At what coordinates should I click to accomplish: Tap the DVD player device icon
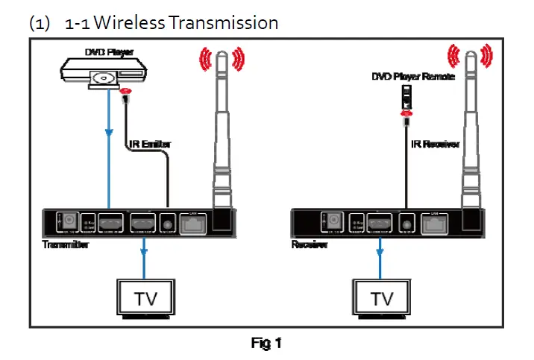(x=104, y=73)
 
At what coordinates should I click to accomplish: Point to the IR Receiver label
(x=435, y=144)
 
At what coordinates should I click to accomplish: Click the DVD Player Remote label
(x=412, y=76)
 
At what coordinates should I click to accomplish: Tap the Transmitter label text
(x=65, y=245)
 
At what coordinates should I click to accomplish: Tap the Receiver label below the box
(x=308, y=245)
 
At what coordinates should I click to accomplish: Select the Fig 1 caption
(x=266, y=344)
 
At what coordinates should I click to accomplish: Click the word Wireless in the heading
(x=129, y=22)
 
